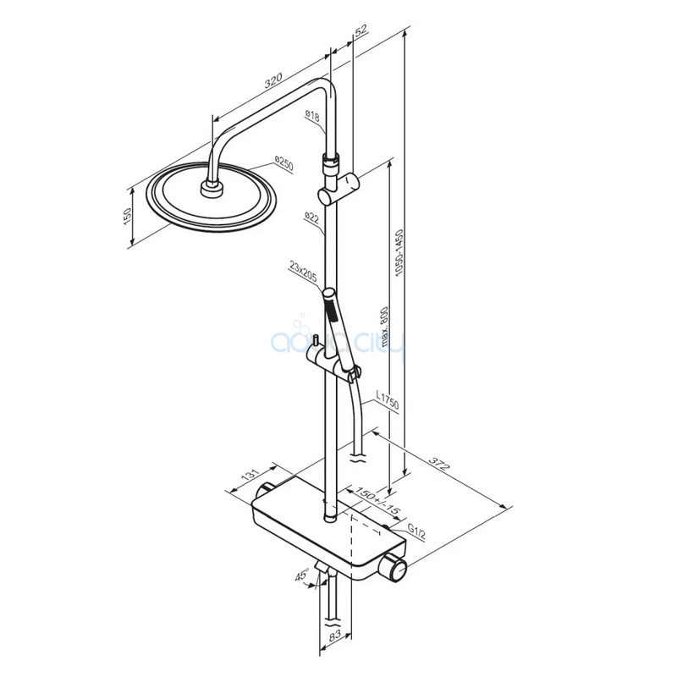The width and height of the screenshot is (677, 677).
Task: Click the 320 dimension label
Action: (x=272, y=80)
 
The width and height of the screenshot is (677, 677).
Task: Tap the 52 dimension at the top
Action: (x=361, y=30)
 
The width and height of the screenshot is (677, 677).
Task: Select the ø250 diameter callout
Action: (x=284, y=164)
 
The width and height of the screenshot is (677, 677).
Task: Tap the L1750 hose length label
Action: (x=388, y=399)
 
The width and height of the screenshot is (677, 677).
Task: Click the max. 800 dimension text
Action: (x=384, y=327)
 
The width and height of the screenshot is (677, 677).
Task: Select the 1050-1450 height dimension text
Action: (x=399, y=252)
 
